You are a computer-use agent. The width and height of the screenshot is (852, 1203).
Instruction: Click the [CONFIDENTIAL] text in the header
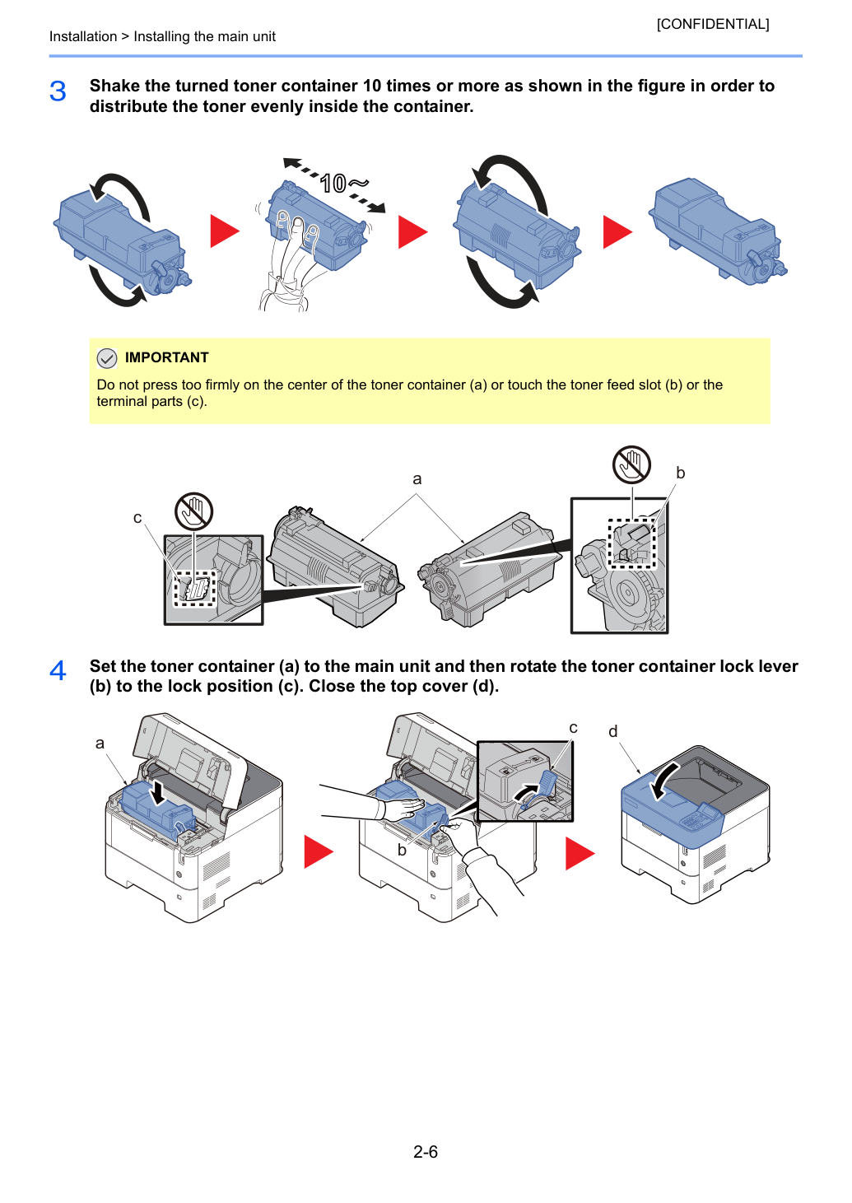(712, 24)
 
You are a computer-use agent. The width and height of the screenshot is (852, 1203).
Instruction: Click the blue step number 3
(58, 91)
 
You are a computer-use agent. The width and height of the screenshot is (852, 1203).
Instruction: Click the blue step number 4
(58, 671)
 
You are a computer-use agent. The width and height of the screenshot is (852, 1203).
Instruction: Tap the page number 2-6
(426, 1151)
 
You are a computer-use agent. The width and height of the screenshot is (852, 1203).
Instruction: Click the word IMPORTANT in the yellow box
(166, 357)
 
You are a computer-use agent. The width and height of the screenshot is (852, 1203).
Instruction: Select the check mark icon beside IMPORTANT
(107, 358)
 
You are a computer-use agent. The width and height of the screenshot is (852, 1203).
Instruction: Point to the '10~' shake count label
(343, 183)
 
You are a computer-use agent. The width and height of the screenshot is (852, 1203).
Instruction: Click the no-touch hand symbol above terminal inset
(193, 511)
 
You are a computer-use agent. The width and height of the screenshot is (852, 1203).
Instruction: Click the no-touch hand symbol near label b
(632, 464)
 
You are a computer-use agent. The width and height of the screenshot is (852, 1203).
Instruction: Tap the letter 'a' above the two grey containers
(417, 479)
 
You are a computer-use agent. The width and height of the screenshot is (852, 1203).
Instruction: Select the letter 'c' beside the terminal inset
(137, 518)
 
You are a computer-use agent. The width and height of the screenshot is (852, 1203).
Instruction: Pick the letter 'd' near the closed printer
(613, 731)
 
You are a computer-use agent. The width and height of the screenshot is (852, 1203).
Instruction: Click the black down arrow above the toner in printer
(158, 793)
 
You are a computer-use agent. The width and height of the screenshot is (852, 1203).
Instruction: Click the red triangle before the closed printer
(580, 853)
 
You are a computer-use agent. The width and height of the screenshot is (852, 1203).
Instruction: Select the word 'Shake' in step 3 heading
(114, 86)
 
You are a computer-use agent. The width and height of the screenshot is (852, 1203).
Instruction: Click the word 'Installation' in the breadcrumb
(83, 36)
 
